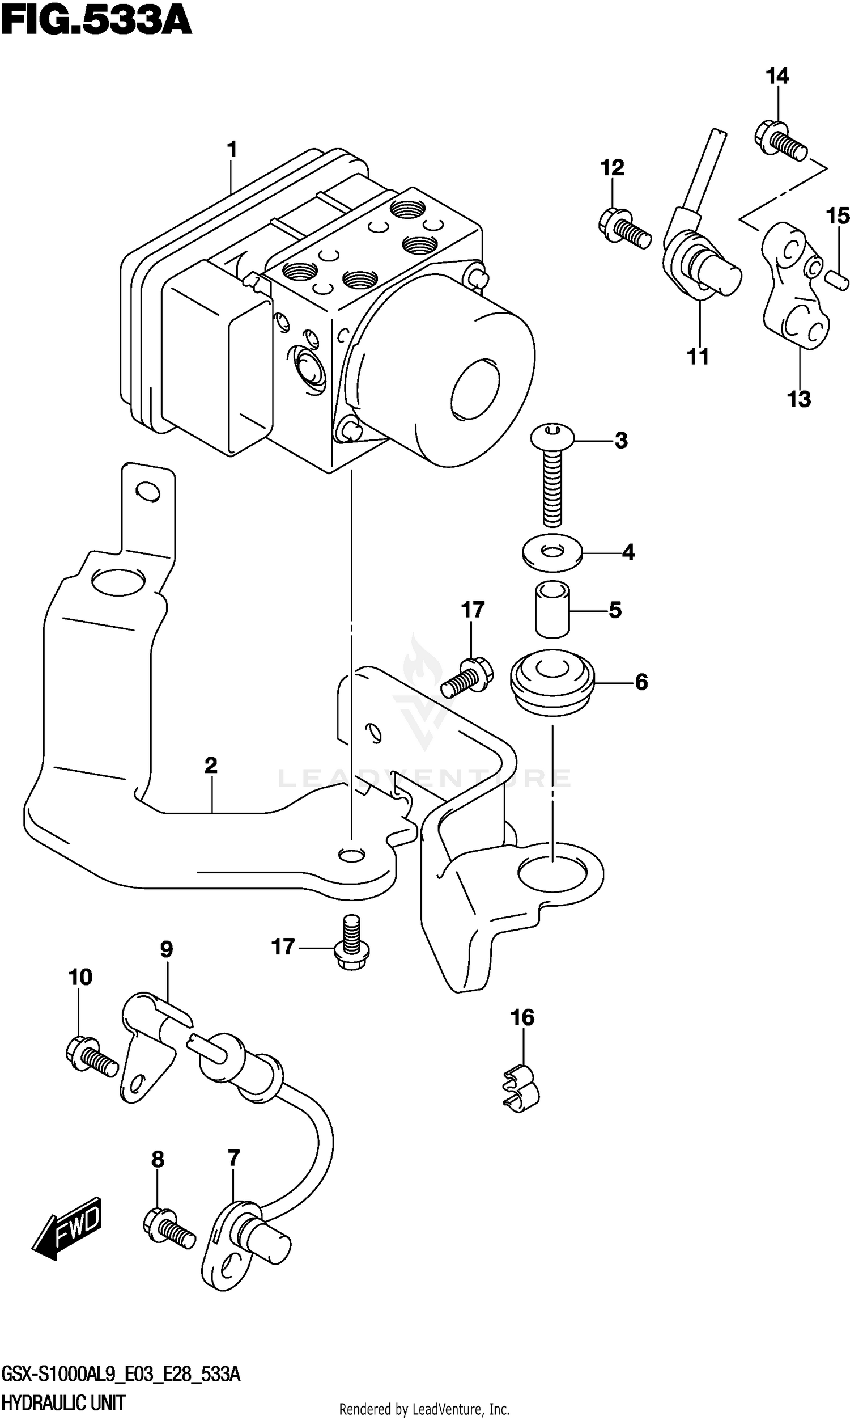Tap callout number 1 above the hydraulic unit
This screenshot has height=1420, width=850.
point(232,150)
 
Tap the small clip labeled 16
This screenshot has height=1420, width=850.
point(522,1085)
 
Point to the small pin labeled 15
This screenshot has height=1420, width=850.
point(837,278)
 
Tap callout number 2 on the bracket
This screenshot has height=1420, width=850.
point(211,765)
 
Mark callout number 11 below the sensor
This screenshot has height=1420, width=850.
point(698,357)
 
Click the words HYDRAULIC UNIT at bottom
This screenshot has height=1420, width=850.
point(63,1404)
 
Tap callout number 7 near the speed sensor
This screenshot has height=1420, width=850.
point(233,1158)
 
